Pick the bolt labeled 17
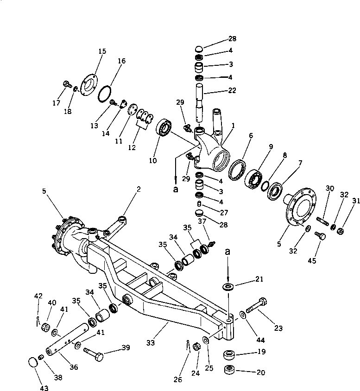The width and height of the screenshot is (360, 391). coord(66,84)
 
